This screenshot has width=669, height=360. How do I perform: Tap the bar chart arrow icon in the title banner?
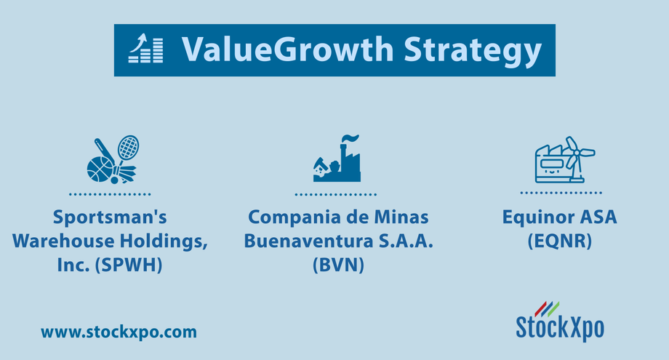coord(146,49)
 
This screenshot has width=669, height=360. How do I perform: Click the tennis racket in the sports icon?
coord(128,148)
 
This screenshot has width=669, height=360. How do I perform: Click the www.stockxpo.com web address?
coord(119,332)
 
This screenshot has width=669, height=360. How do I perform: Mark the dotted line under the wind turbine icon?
coord(561,193)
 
